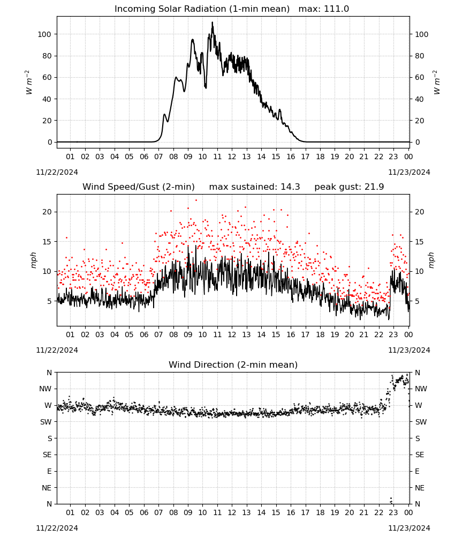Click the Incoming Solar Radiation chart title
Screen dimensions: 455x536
pyautogui.click(x=232, y=9)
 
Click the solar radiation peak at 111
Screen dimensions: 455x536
pyautogui.click(x=213, y=23)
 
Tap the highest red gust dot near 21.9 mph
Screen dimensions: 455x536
pyautogui.click(x=196, y=200)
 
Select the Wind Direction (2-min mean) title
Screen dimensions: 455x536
pyautogui.click(x=233, y=364)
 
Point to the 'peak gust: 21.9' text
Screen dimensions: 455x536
pyautogui.click(x=349, y=187)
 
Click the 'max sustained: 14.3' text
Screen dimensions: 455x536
pyautogui.click(x=255, y=187)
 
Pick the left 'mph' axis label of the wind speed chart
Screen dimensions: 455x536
pyautogui.click(x=33, y=260)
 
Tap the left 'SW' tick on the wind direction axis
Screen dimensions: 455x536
pyautogui.click(x=46, y=422)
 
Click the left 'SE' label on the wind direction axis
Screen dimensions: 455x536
pyautogui.click(x=47, y=455)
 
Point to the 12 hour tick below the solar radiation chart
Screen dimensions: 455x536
pyautogui.click(x=232, y=157)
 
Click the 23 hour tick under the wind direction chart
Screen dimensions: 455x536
pyautogui.click(x=393, y=512)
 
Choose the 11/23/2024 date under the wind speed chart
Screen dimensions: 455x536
pyautogui.click(x=409, y=350)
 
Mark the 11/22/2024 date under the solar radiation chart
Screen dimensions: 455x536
pyautogui.click(x=57, y=172)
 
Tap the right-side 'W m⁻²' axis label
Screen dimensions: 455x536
pyautogui.click(x=437, y=83)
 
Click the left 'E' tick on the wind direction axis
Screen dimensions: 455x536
pyautogui.click(x=49, y=471)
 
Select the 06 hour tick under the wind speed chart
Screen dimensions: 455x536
pyautogui.click(x=144, y=334)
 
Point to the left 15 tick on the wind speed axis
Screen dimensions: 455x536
pyautogui.click(x=48, y=242)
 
